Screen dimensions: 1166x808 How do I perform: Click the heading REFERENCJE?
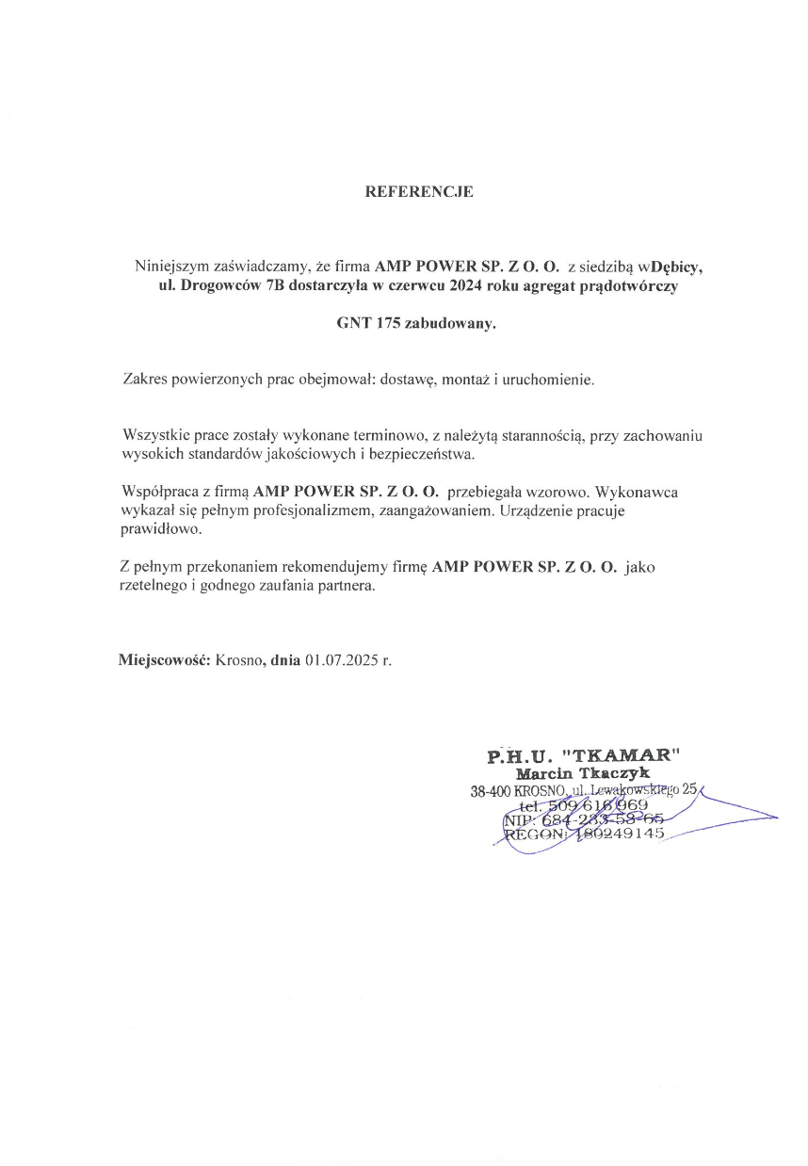pyautogui.click(x=419, y=192)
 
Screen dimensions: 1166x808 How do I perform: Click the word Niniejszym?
pyautogui.click(x=169, y=267)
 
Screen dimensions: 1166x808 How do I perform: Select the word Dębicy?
pyautogui.click(x=677, y=267)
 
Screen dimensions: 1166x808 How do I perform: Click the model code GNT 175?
pyautogui.click(x=368, y=323)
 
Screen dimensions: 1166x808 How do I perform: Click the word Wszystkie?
pyautogui.click(x=154, y=435)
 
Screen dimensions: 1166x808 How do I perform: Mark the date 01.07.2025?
pyautogui.click(x=340, y=660)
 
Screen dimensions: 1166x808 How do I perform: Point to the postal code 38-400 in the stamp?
pyautogui.click(x=491, y=792)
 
